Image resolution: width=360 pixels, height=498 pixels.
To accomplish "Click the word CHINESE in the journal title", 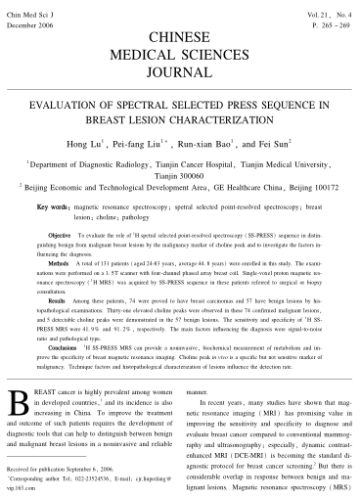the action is (181, 35).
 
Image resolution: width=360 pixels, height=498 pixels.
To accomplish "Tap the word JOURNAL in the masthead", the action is (181, 71).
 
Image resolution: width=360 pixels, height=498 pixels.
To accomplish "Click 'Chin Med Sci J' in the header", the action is (26, 7).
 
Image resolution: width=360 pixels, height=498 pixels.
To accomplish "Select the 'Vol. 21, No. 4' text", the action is (328, 7).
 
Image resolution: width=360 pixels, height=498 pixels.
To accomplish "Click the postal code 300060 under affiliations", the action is (178, 175).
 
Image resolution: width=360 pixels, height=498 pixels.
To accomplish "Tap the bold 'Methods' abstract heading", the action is (57, 262).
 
